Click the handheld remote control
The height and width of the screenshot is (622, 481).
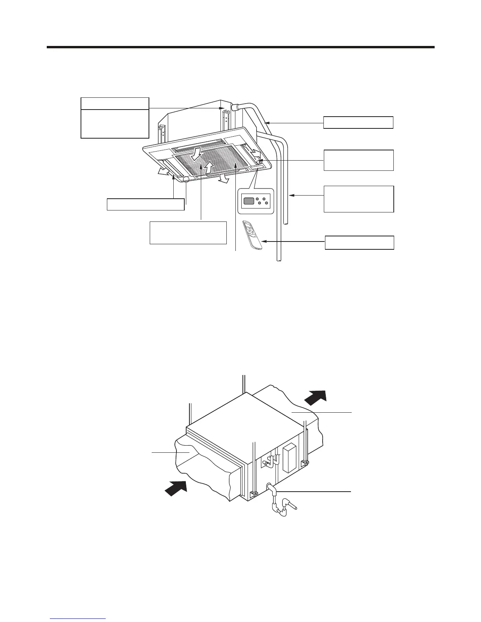point(252,235)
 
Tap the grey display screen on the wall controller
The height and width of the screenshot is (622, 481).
point(249,201)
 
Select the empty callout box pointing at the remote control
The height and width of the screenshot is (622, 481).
point(359,243)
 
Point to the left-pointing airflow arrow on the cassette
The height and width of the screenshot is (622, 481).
point(164,171)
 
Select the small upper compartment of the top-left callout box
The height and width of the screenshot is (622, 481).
point(115,103)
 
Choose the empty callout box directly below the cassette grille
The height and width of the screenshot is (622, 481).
point(188,232)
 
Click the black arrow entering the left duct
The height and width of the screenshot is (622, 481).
point(175,488)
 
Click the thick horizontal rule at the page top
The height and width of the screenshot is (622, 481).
point(240,48)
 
